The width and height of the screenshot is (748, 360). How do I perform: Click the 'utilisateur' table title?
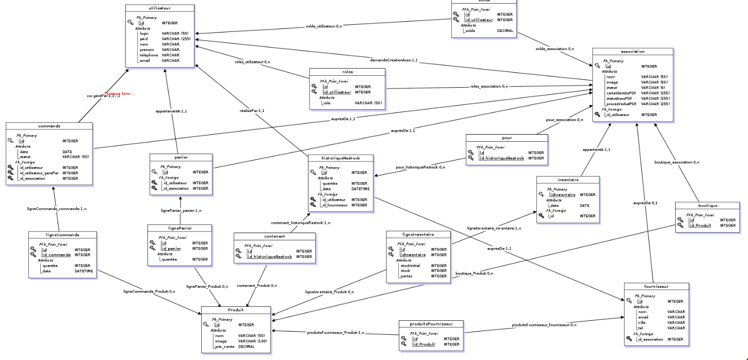click(x=160, y=8)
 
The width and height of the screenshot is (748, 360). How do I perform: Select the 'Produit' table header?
click(x=235, y=310)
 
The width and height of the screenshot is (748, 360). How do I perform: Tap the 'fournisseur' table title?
click(x=656, y=286)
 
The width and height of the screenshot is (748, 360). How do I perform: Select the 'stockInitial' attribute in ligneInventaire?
click(x=411, y=266)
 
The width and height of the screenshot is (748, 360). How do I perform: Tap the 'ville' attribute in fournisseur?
click(x=642, y=322)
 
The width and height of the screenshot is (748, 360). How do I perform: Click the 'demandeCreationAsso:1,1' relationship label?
click(x=394, y=60)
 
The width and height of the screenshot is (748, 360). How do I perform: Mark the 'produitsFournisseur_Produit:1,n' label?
click(x=335, y=333)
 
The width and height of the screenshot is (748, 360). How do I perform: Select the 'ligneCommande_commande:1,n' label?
click(x=57, y=208)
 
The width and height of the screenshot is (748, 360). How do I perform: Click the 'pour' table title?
click(x=506, y=138)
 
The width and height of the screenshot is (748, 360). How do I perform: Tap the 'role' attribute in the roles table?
click(x=326, y=103)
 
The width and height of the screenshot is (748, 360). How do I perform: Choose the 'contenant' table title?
click(x=274, y=236)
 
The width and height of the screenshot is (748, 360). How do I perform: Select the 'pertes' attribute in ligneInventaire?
click(x=406, y=276)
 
